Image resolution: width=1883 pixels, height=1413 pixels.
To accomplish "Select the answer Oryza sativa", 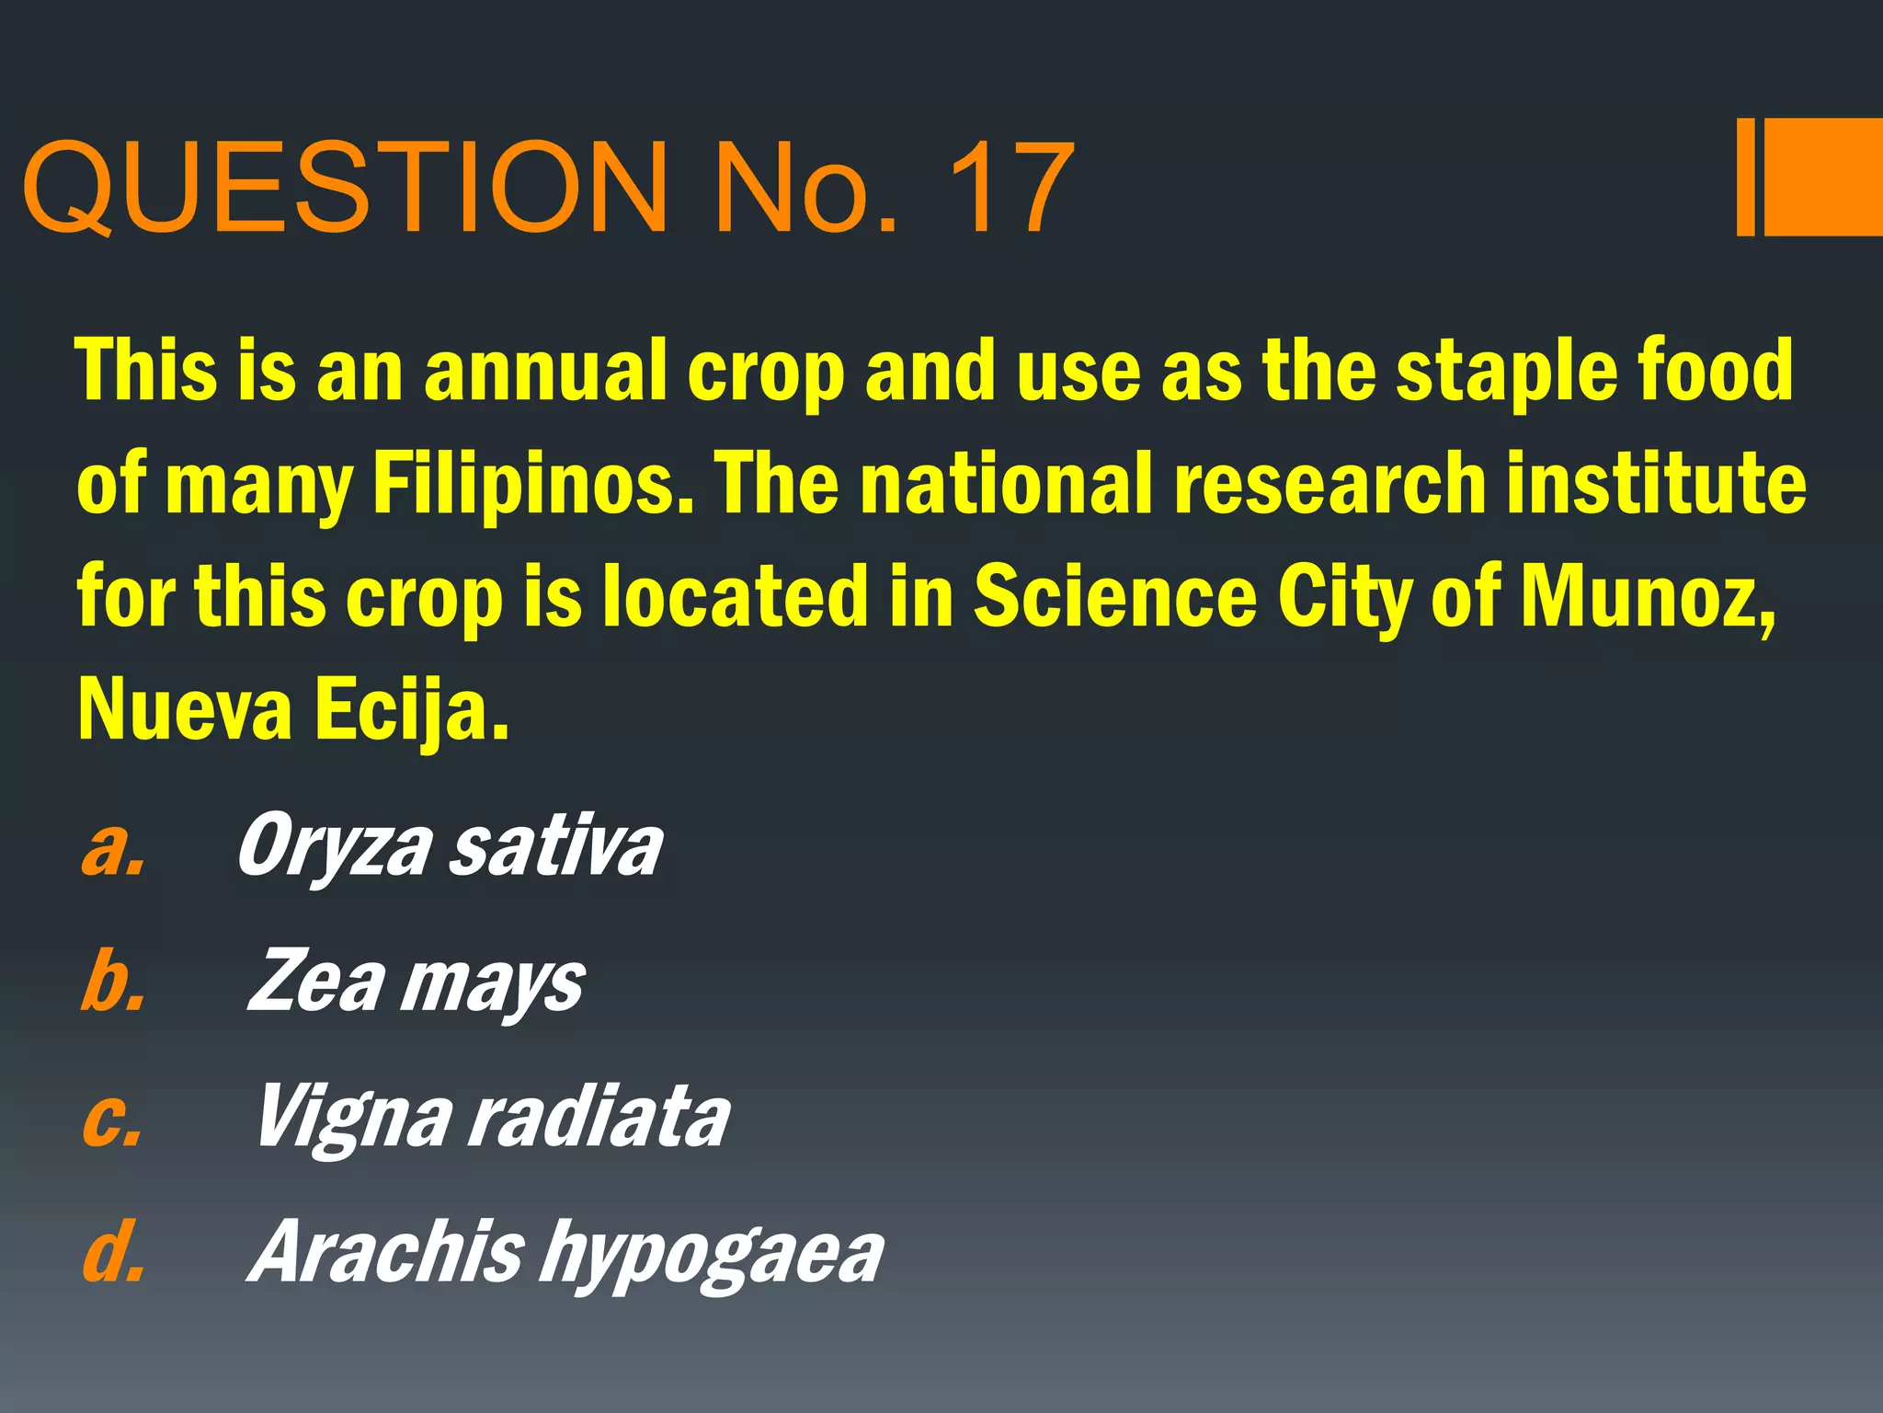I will [x=450, y=846].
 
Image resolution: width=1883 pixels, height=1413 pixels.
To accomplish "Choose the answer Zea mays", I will [x=416, y=982].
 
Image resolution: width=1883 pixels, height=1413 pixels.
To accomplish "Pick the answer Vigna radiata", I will [x=493, y=1117].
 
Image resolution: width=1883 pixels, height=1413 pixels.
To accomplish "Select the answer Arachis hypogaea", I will [x=565, y=1253].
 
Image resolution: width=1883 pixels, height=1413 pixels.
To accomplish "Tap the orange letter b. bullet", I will [x=112, y=982].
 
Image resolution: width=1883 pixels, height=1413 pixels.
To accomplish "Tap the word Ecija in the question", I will [x=412, y=710].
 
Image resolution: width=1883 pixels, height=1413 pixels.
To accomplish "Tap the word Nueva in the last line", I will [x=185, y=710].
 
